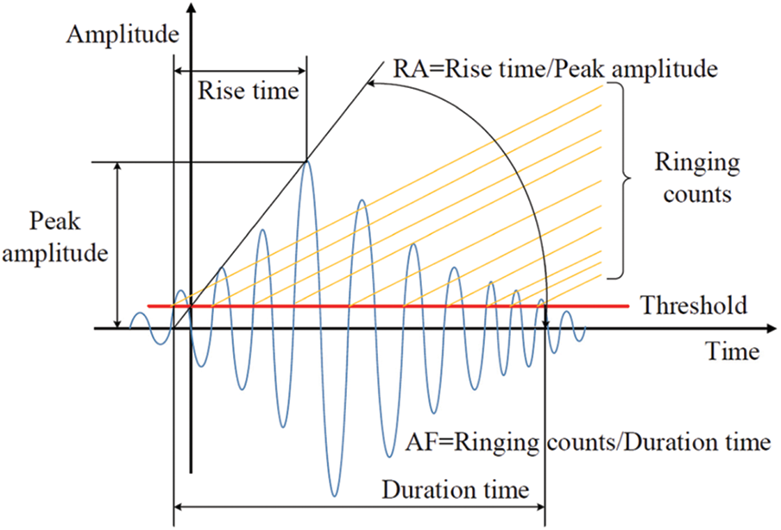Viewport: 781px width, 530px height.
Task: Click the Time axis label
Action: pyautogui.click(x=733, y=351)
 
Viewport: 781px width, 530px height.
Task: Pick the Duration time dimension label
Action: pyautogui.click(x=457, y=490)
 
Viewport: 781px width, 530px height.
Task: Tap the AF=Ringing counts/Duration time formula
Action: pyautogui.click(x=587, y=443)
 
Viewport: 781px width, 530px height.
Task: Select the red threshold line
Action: pyautogui.click(x=388, y=306)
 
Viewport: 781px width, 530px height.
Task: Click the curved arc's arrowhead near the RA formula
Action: pyautogui.click(x=370, y=83)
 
